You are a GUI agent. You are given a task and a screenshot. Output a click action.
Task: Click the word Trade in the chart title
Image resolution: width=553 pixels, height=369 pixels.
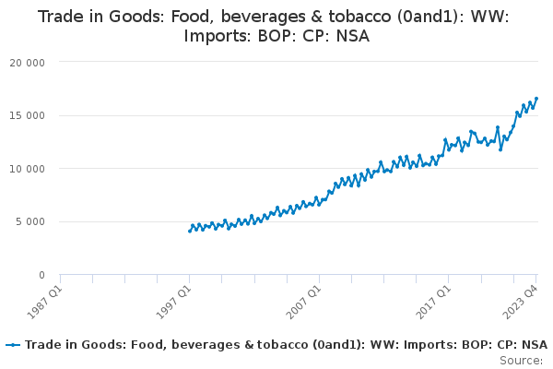(x=59, y=17)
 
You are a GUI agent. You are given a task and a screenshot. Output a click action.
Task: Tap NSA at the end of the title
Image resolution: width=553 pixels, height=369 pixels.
(x=353, y=36)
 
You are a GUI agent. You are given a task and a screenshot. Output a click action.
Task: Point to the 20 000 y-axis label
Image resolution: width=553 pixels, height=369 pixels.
(x=27, y=63)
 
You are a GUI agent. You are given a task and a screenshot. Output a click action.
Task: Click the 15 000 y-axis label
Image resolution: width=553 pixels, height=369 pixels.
(x=27, y=116)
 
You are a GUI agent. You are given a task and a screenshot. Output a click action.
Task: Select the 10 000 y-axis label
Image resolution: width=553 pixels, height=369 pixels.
(x=27, y=169)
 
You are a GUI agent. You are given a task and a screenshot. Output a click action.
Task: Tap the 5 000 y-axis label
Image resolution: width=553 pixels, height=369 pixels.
(x=30, y=221)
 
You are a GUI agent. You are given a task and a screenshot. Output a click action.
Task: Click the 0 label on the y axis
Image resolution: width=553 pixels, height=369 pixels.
(x=42, y=275)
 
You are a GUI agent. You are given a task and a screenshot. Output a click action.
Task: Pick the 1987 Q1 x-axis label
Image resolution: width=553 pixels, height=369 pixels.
(x=45, y=303)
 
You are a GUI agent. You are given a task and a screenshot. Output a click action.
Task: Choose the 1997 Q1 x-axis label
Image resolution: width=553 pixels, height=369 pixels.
(x=174, y=303)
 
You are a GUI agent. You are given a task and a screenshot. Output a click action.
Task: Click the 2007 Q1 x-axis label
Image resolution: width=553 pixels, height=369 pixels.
(x=303, y=303)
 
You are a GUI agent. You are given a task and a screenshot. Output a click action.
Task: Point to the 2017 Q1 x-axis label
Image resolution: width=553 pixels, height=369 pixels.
(x=433, y=303)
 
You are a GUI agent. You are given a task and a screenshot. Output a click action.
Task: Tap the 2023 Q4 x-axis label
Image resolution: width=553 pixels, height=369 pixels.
(x=521, y=303)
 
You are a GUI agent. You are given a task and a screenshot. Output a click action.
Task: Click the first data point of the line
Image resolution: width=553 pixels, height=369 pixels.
(x=190, y=232)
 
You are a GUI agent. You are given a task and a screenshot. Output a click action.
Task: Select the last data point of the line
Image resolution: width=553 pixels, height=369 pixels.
(x=536, y=99)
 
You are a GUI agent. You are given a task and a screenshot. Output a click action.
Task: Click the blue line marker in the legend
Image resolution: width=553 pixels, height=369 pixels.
(x=14, y=345)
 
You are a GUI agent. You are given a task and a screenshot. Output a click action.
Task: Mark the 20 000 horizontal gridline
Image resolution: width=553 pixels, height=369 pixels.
(x=299, y=62)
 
